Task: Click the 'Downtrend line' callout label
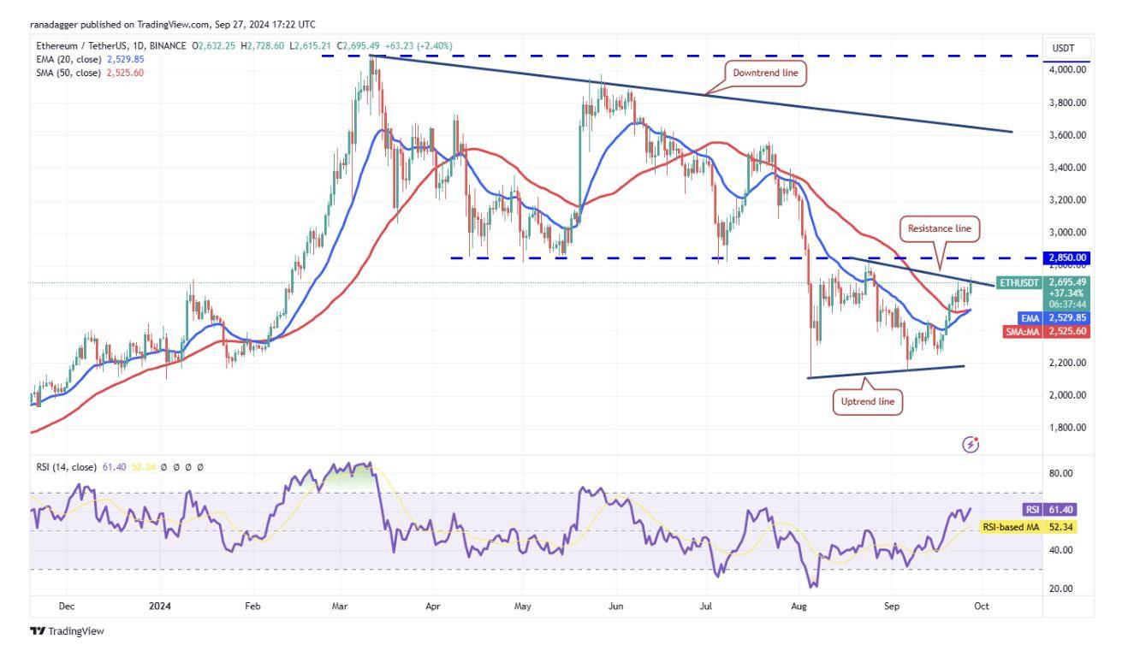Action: point(765,74)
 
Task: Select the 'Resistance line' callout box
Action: point(939,228)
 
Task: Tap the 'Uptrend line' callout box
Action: point(867,401)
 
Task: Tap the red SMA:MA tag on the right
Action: point(1024,332)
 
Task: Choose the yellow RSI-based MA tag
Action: point(1011,528)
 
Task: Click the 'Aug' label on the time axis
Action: point(799,606)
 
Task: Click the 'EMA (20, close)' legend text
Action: point(65,59)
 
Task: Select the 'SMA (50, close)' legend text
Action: point(65,73)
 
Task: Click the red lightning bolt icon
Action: point(971,444)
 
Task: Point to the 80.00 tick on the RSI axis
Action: point(1061,474)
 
